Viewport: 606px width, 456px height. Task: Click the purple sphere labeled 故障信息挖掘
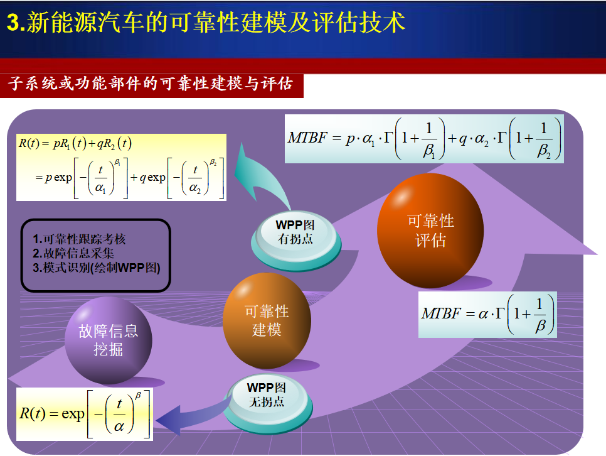click(x=108, y=340)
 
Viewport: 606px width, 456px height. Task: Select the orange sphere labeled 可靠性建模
click(x=267, y=320)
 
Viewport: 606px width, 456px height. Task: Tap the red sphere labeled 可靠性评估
click(x=430, y=231)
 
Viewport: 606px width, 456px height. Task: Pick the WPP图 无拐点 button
click(x=267, y=403)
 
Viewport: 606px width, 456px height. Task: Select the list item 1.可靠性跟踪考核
click(x=79, y=239)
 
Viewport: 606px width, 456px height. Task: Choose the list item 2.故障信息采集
click(x=73, y=253)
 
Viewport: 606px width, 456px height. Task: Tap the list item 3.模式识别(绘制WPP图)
click(x=96, y=268)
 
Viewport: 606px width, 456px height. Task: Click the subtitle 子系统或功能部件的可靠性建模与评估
click(x=150, y=84)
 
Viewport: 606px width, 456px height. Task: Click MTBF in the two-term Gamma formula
click(x=307, y=138)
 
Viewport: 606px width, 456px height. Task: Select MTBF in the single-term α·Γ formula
click(x=441, y=313)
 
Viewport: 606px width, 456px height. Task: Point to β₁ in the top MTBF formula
click(x=429, y=151)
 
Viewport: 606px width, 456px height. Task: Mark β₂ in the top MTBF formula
click(x=544, y=151)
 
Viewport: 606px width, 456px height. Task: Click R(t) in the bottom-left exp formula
click(x=33, y=414)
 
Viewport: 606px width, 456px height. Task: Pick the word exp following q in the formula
click(x=156, y=178)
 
